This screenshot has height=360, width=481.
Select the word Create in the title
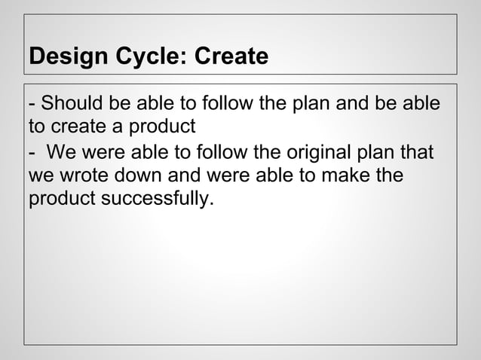click(231, 56)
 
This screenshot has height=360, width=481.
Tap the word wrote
click(77, 178)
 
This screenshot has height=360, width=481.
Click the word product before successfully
click(58, 201)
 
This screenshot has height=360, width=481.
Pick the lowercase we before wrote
click(39, 178)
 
